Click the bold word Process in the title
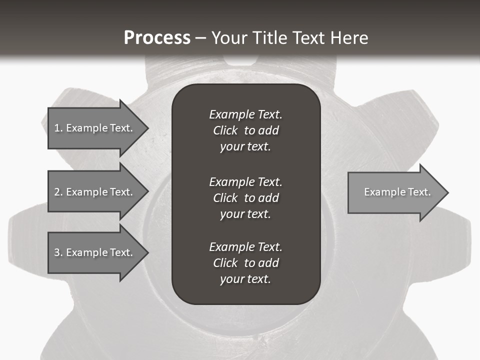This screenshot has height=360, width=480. (x=157, y=38)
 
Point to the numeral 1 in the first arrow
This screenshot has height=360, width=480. (x=57, y=128)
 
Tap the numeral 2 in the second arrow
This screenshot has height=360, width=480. (x=57, y=192)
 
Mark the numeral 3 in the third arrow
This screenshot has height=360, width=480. (x=57, y=252)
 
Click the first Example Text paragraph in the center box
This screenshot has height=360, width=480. (x=245, y=130)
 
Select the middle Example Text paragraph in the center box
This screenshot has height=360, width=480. (x=245, y=197)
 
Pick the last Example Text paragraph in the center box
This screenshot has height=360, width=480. (x=245, y=263)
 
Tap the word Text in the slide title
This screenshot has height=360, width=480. (x=308, y=38)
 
